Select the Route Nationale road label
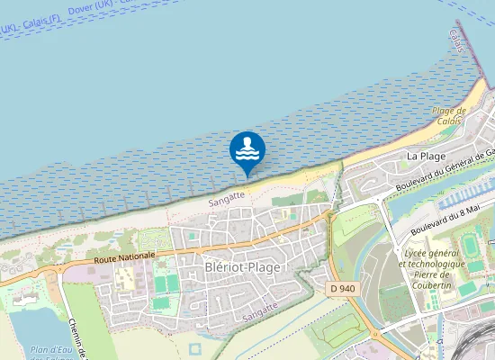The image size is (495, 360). (123, 256)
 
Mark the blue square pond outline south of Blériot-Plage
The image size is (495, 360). (196, 347)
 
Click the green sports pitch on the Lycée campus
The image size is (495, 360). (471, 246)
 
